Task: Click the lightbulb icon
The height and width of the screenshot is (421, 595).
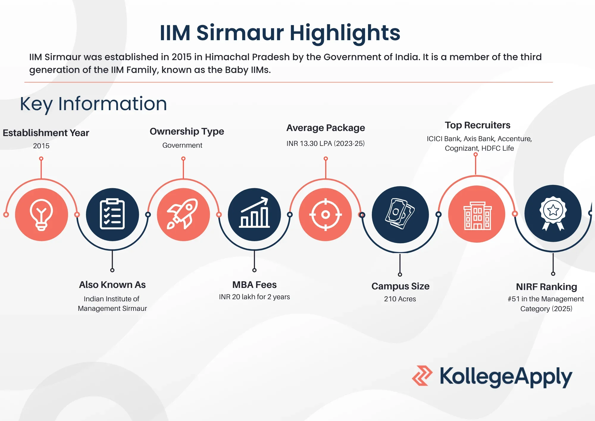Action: pos(42,215)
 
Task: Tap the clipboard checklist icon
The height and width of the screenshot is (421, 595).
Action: pos(112,214)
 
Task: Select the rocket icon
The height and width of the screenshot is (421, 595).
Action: pos(183,214)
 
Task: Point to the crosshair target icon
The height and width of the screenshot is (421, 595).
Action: pos(325,214)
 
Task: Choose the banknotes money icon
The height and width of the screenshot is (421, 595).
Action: pos(400,214)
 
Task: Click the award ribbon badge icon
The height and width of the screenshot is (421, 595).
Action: pos(553,213)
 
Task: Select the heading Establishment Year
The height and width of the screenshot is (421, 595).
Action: pos(46,133)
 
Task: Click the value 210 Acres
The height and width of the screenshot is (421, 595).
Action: pos(400,299)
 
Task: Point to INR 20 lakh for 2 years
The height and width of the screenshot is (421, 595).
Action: pos(254,297)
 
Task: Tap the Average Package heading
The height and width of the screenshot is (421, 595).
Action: pos(325,128)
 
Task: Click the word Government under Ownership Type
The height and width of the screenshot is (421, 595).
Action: pos(182,145)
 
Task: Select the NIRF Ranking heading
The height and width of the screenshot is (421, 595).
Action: pos(547,287)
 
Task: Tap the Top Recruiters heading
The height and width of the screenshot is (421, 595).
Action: pos(477,125)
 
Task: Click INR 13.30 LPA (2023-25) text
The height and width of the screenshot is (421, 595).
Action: pos(325,144)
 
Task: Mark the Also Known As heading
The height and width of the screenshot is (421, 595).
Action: pos(112,285)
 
